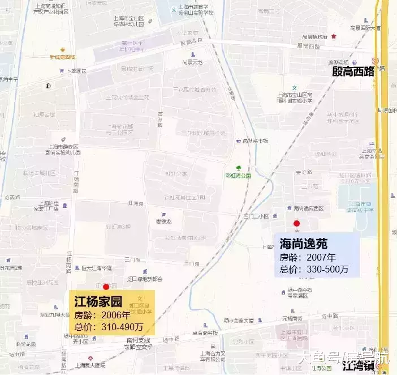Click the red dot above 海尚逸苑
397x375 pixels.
pyautogui.click(x=296, y=224)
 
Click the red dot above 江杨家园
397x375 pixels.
pyautogui.click(x=106, y=287)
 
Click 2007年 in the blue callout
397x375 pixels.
pyautogui.click(x=321, y=258)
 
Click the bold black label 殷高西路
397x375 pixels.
pyautogui.click(x=353, y=71)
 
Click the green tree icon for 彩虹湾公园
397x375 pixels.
pyautogui.click(x=239, y=168)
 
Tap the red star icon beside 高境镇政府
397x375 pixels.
pyautogui.click(x=334, y=36)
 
